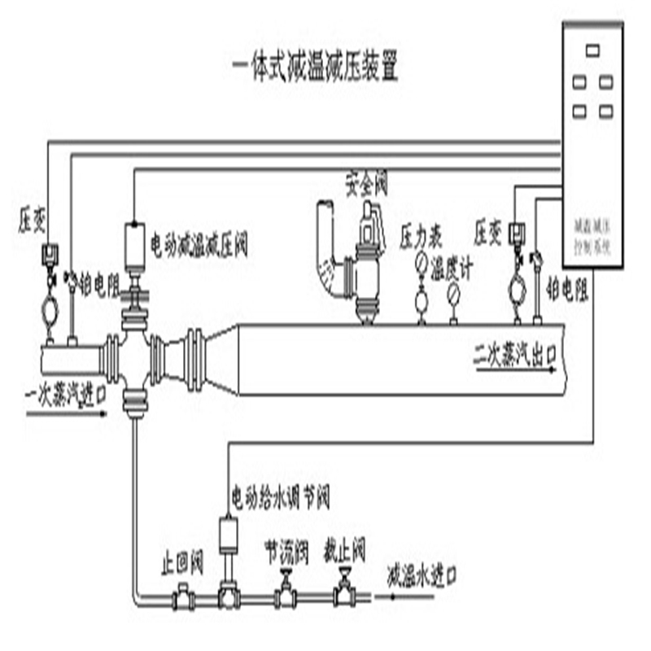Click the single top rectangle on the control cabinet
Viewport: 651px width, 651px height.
tap(592, 50)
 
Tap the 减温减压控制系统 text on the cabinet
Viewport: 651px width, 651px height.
tap(592, 232)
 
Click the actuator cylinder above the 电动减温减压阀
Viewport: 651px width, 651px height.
tap(133, 244)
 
